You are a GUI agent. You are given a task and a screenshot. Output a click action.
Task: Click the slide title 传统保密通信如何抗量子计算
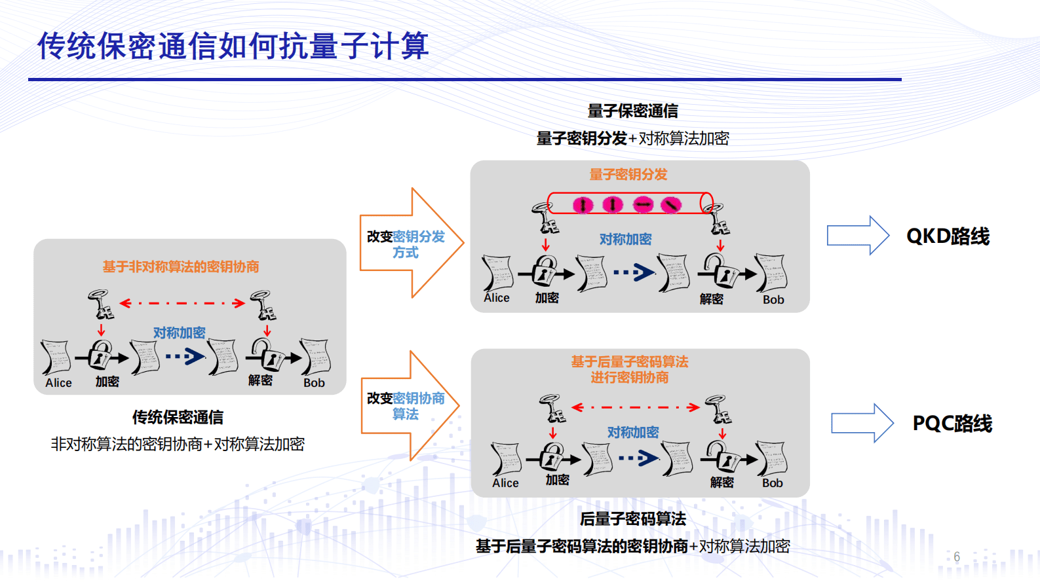[233, 46]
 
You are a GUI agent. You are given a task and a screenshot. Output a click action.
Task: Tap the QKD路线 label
[948, 236]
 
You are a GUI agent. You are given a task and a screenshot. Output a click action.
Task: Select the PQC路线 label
[952, 424]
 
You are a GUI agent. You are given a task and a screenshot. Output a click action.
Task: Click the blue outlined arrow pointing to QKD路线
[857, 235]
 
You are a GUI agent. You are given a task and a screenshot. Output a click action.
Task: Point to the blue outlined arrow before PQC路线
[862, 423]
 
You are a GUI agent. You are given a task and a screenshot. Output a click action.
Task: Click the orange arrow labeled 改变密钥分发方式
[410, 244]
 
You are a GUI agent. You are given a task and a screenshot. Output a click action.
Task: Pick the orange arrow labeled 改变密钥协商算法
[408, 406]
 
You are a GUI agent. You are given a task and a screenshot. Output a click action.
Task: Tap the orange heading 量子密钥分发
[628, 175]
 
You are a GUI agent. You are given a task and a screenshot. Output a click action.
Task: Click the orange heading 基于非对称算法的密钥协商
[180, 266]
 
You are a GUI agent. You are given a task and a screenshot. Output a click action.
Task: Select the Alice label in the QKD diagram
[497, 298]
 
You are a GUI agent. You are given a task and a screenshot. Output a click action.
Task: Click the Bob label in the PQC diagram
[772, 483]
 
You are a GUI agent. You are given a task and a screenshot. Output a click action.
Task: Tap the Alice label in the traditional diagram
[58, 383]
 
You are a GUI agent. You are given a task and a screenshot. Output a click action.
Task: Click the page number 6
[957, 557]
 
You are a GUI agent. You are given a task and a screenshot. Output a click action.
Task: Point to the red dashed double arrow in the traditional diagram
[182, 303]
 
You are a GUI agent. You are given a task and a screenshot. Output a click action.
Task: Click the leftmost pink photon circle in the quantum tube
[583, 205]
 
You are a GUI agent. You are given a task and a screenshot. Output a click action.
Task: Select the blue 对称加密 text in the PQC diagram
[632, 432]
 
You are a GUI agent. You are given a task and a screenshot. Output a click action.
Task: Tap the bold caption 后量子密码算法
[632, 519]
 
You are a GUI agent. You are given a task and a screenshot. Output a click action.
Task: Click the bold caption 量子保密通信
[632, 111]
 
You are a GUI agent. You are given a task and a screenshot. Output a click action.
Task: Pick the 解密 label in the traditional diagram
[260, 380]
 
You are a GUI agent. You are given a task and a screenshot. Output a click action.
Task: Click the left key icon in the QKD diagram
[545, 218]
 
